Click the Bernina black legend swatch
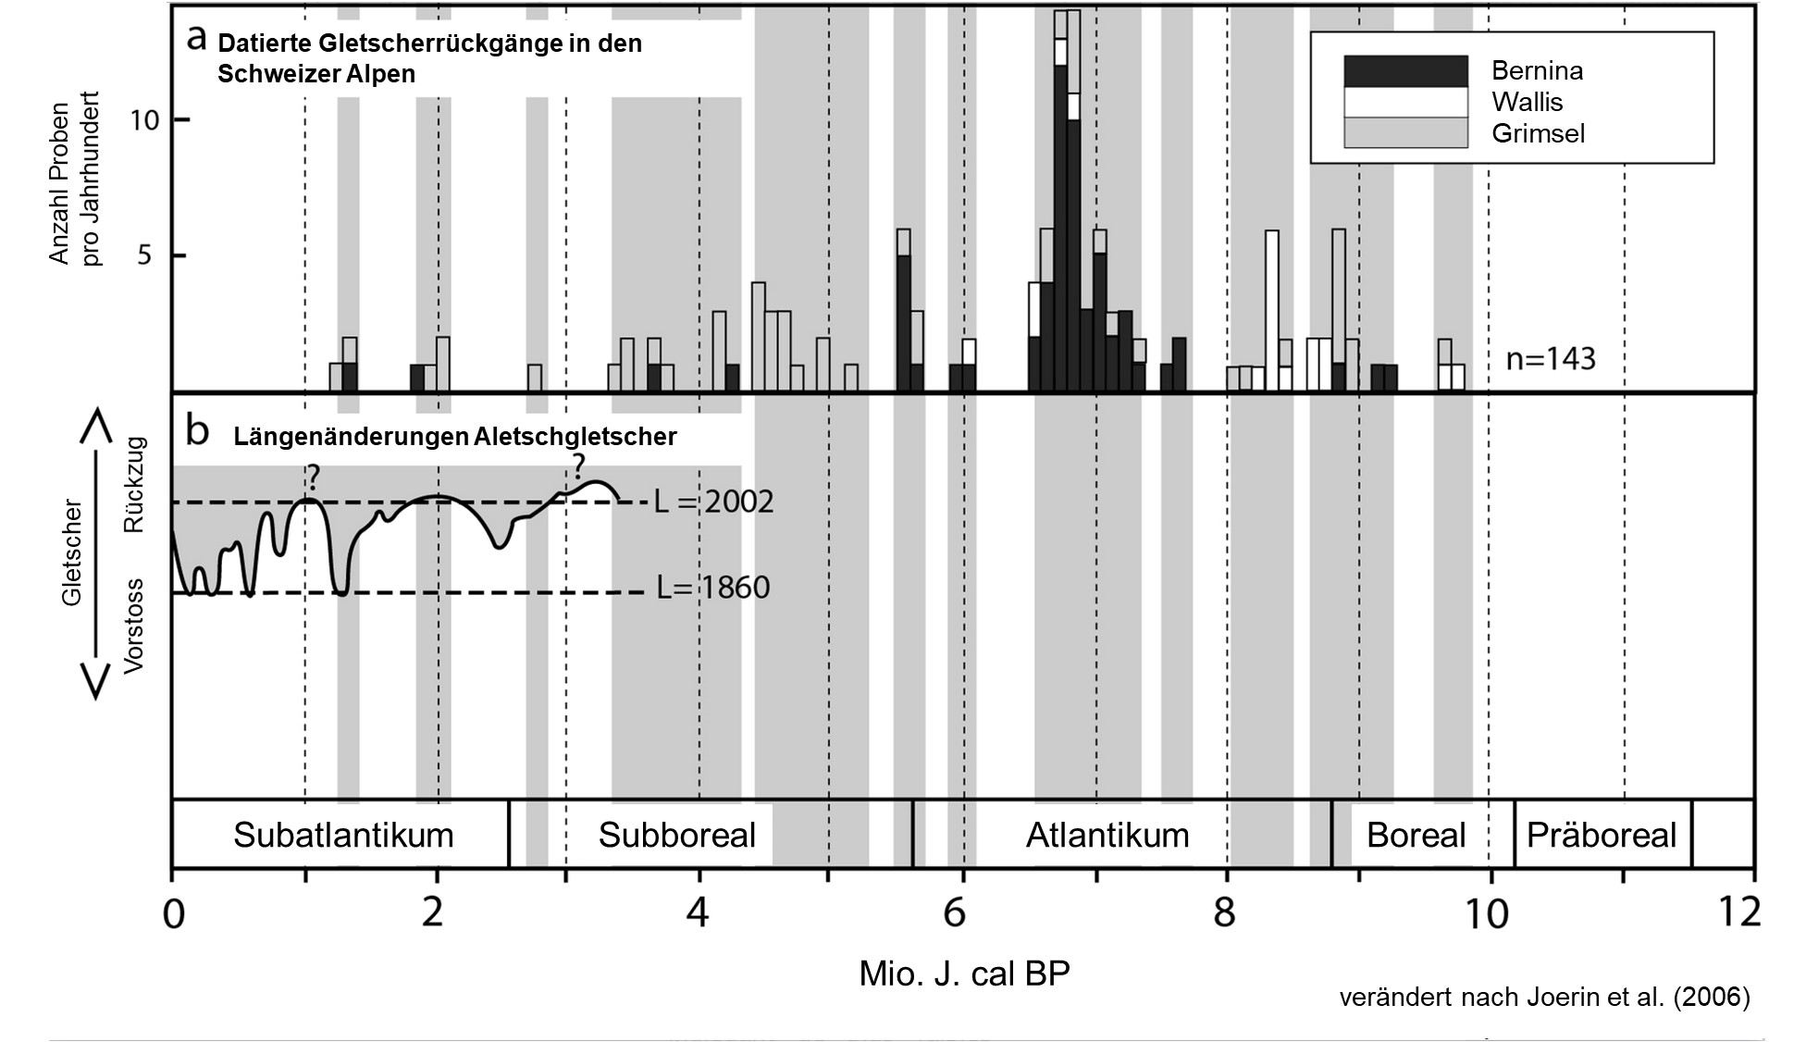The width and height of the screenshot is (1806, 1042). click(1404, 71)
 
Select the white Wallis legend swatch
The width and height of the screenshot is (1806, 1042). click(1404, 102)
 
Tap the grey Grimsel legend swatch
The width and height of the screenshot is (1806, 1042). click(1404, 132)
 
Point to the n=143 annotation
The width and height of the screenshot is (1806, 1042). click(1551, 358)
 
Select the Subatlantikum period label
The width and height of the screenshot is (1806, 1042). click(343, 835)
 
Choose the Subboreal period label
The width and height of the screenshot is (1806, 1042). click(676, 835)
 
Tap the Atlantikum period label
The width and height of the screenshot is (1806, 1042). click(1107, 835)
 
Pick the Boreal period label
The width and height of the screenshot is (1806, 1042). click(1416, 835)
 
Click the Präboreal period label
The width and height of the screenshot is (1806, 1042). click(1601, 835)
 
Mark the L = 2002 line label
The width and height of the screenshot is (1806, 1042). click(713, 502)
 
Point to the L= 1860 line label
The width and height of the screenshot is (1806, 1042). click(712, 588)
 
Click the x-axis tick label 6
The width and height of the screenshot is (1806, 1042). click(954, 913)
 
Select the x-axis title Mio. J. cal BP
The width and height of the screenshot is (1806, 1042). click(964, 974)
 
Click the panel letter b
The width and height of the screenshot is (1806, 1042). click(197, 431)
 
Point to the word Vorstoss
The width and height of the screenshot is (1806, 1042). click(134, 626)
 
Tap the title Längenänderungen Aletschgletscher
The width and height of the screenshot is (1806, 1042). click(454, 437)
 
